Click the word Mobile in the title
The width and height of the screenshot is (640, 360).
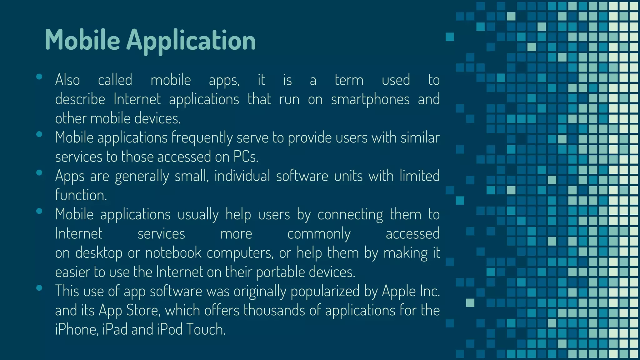coord(82,40)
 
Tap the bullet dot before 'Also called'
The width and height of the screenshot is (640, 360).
coord(39,77)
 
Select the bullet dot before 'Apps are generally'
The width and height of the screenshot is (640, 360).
coord(39,173)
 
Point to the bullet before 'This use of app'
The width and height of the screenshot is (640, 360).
coord(39,288)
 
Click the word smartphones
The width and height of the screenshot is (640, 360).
coord(370,99)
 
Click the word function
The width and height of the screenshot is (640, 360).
coord(81,195)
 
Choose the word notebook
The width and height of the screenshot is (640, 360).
coord(173,253)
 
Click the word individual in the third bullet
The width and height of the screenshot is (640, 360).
coord(242,176)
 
